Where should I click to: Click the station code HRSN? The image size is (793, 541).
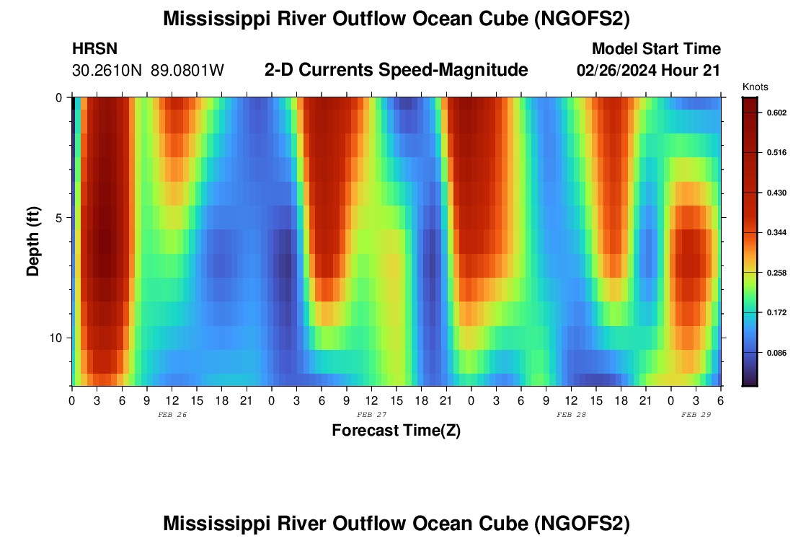(94, 49)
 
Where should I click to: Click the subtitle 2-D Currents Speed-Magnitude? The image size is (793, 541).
(396, 70)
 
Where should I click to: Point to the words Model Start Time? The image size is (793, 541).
(656, 49)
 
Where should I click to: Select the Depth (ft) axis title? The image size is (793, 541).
(33, 242)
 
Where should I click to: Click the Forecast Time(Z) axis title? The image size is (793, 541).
(396, 431)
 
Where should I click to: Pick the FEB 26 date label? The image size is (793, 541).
(172, 415)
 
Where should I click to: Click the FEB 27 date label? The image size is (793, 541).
(372, 415)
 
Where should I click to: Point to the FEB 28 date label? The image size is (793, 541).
(572, 415)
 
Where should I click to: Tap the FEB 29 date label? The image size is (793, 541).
(696, 415)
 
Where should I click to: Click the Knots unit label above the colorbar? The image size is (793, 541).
(755, 87)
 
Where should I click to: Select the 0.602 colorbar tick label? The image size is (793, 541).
(776, 113)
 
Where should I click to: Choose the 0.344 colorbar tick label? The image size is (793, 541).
(776, 232)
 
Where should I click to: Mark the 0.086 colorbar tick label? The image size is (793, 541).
(776, 353)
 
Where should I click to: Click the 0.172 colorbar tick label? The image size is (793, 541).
(776, 312)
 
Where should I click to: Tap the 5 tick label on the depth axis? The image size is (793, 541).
(61, 218)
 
